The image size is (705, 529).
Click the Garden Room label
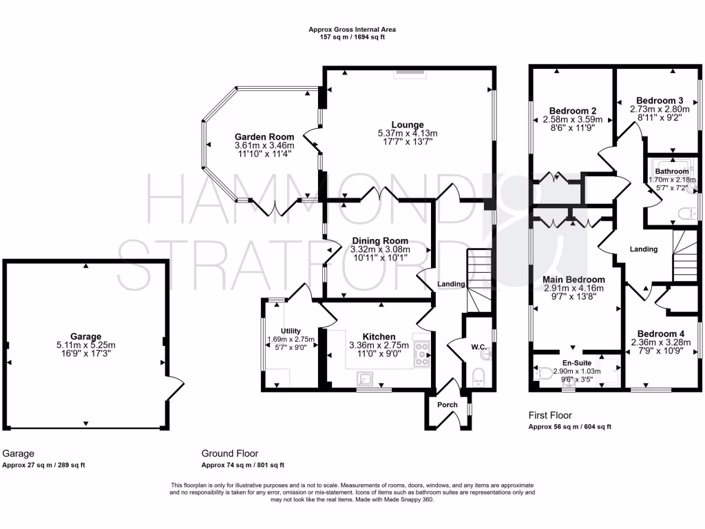click(x=264, y=136)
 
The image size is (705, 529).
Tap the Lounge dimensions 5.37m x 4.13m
click(x=408, y=134)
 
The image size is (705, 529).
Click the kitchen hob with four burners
click(x=421, y=352)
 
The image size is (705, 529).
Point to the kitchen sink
click(x=365, y=380)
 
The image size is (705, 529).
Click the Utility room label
click(x=290, y=331)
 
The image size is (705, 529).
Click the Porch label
click(x=448, y=404)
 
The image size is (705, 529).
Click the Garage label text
click(x=85, y=337)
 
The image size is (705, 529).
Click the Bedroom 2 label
click(x=572, y=110)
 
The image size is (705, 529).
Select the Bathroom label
click(x=671, y=171)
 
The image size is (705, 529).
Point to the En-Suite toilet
click(x=544, y=373)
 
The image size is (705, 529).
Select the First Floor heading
click(x=550, y=415)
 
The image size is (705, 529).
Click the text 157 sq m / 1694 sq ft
click(x=352, y=37)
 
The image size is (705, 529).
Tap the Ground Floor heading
click(x=230, y=453)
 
